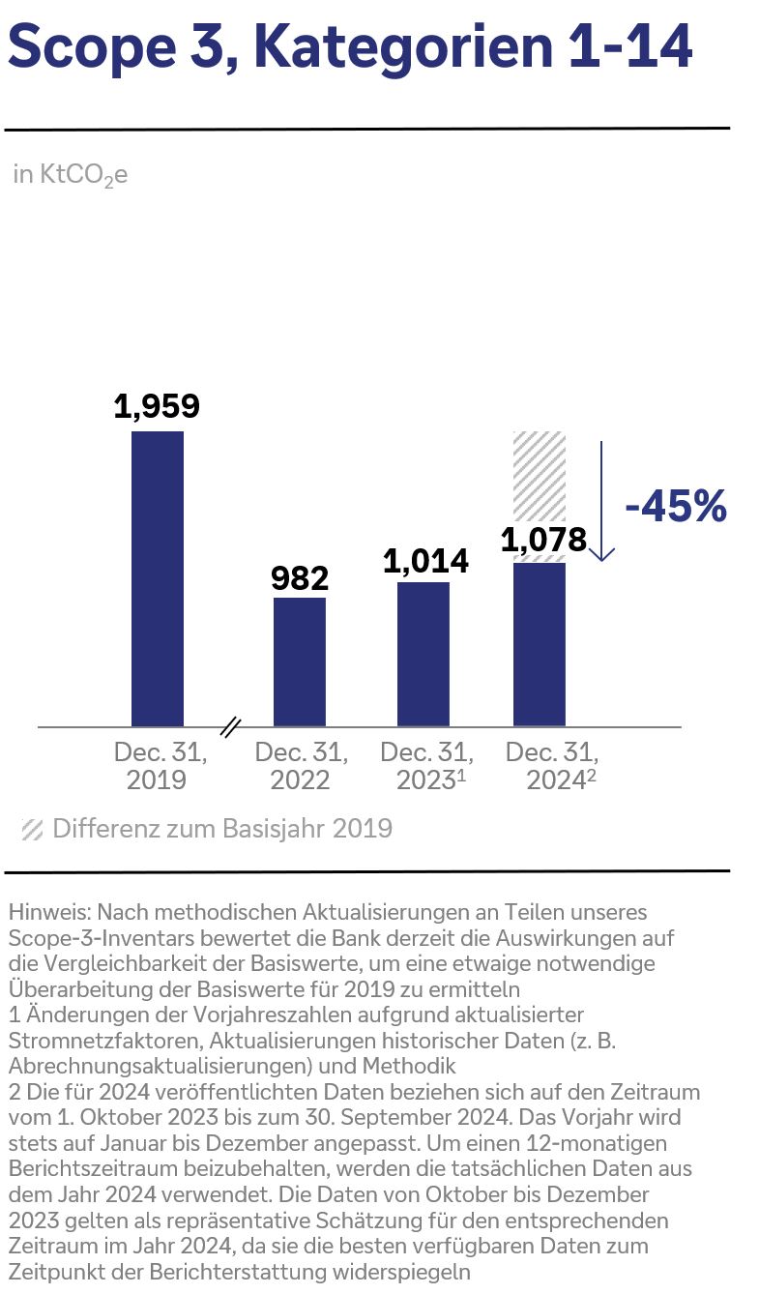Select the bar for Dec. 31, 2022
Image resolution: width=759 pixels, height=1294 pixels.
[300, 662]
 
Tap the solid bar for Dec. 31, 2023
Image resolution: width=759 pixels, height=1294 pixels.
[423, 654]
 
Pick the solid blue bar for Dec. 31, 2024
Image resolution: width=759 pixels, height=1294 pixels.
[539, 644]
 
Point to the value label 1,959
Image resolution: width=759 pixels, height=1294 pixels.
[157, 406]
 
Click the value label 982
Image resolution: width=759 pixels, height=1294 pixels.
[300, 577]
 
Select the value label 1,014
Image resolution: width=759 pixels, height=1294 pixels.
[425, 561]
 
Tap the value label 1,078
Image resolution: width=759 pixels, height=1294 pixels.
[543, 540]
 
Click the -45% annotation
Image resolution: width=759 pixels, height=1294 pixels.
[675, 507]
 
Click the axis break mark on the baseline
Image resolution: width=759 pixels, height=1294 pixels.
[230, 726]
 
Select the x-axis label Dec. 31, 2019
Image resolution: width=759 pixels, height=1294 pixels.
[159, 766]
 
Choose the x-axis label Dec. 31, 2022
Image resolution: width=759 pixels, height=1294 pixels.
[300, 766]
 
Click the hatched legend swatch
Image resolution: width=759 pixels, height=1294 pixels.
[33, 830]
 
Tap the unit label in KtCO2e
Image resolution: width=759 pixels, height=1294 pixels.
[71, 175]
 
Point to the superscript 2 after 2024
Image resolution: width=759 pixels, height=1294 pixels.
[591, 775]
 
